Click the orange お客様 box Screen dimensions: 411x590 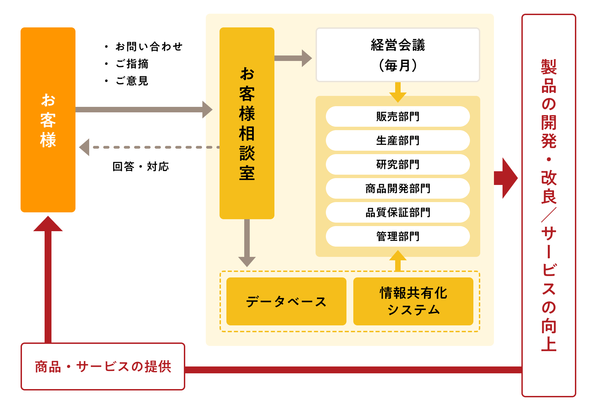click(48, 120)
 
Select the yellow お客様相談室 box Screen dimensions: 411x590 click(247, 123)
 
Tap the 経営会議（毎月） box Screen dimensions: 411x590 click(398, 55)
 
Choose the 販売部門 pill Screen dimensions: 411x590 click(398, 116)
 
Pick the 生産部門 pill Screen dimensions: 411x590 click(398, 140)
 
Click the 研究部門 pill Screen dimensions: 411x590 click(398, 164)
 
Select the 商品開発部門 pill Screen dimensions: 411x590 click(398, 188)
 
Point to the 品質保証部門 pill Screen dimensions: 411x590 click(398, 212)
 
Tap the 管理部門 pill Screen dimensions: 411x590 click(398, 236)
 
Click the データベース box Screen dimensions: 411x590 click(286, 301)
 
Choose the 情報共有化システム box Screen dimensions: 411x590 click(413, 301)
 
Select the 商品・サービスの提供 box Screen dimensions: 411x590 click(103, 366)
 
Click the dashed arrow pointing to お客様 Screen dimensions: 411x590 click(147, 147)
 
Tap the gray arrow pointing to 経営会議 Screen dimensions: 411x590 click(293, 58)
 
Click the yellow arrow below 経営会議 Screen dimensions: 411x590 click(398, 92)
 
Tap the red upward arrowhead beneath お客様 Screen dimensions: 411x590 click(48, 225)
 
